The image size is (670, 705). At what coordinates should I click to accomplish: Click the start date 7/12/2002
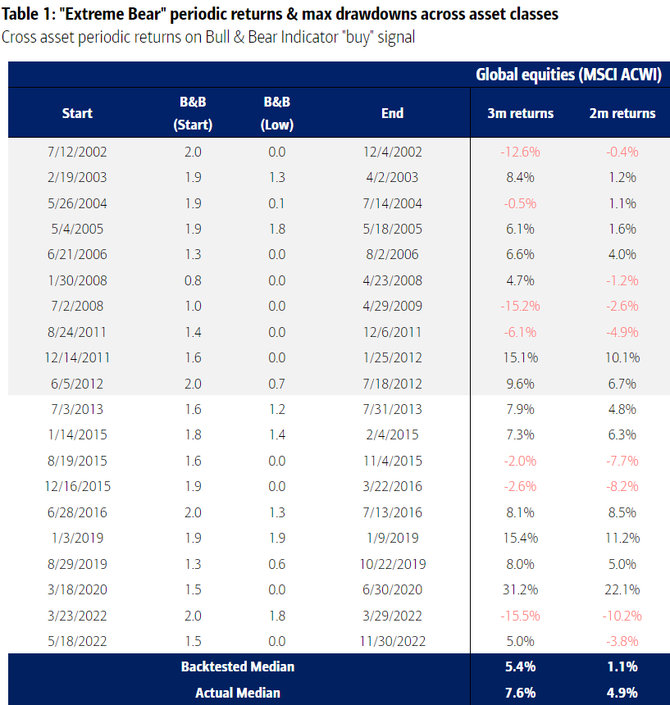[78, 152]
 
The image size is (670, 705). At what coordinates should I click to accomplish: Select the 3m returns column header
[521, 113]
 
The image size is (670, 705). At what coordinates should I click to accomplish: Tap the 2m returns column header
[622, 113]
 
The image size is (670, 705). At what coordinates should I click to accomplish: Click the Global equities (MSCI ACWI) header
[568, 75]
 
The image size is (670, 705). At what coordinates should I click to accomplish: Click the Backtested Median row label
[237, 666]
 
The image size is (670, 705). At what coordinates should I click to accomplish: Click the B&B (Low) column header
[276, 113]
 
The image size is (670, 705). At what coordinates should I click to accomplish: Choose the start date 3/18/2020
[78, 590]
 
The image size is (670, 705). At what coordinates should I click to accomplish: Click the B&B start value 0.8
[194, 280]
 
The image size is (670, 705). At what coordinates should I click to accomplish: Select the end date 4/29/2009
[392, 306]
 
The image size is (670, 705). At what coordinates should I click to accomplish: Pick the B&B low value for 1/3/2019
[276, 539]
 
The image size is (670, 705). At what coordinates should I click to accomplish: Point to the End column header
[392, 113]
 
